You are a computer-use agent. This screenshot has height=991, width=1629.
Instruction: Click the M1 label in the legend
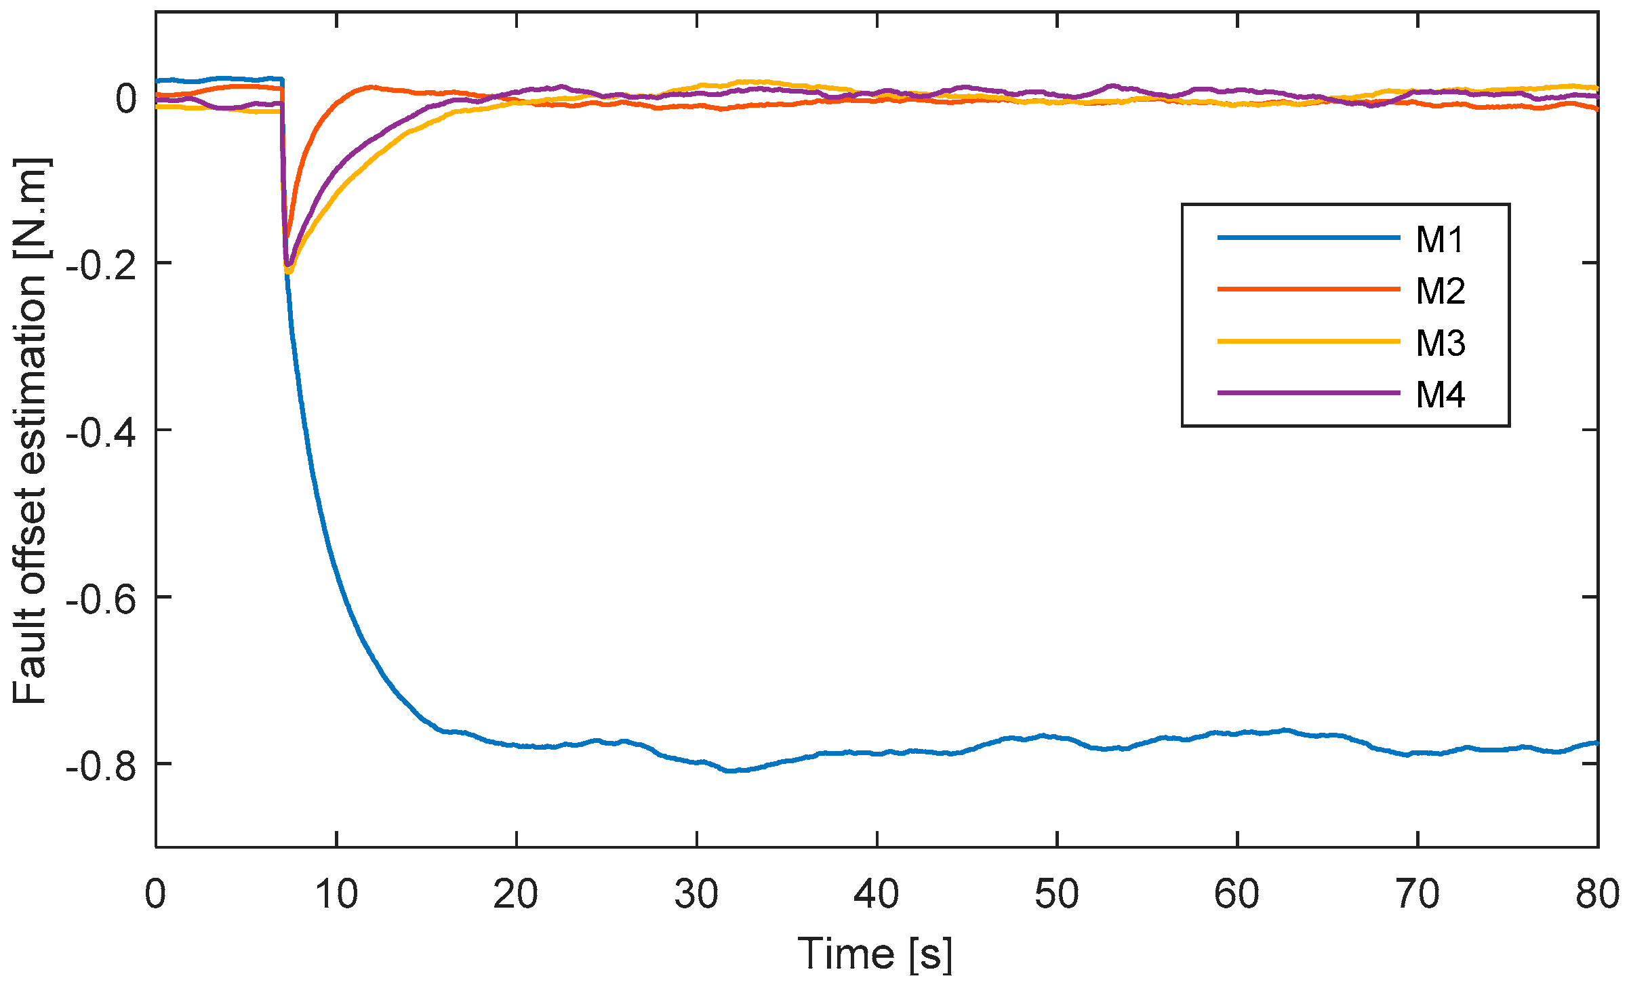pyautogui.click(x=1439, y=239)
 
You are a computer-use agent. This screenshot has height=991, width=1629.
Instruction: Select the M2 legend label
pyautogui.click(x=1441, y=291)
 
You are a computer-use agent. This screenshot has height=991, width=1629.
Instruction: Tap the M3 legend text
pyautogui.click(x=1441, y=343)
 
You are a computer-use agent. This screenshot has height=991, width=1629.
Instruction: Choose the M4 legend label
pyautogui.click(x=1441, y=395)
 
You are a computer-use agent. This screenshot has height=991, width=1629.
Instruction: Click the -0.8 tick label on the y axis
pyautogui.click(x=100, y=765)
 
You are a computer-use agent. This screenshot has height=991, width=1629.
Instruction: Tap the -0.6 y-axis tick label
pyautogui.click(x=100, y=599)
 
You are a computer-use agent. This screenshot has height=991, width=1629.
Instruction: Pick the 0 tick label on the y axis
pyautogui.click(x=126, y=99)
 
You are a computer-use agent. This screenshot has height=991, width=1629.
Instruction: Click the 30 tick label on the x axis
pyautogui.click(x=696, y=894)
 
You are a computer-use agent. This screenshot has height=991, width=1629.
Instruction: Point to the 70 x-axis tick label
pyautogui.click(x=1417, y=894)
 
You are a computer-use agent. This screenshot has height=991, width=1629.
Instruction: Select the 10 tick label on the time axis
pyautogui.click(x=336, y=894)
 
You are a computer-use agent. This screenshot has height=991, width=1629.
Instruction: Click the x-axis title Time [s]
pyautogui.click(x=874, y=954)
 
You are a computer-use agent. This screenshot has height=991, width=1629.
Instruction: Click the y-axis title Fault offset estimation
pyautogui.click(x=31, y=430)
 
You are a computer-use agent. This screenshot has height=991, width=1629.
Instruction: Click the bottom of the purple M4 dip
pyautogui.click(x=287, y=265)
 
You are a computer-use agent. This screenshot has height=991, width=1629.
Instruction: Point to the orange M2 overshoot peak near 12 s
pyautogui.click(x=369, y=87)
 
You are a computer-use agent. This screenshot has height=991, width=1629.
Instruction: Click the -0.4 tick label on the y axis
pyautogui.click(x=100, y=432)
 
